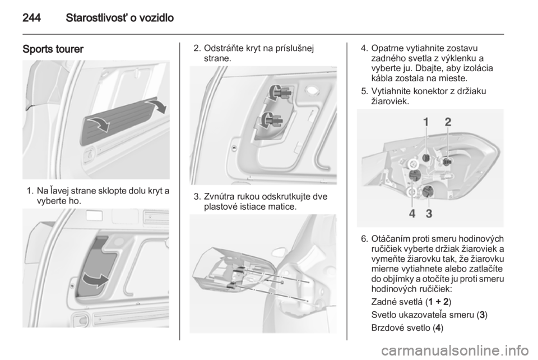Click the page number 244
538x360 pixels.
31,18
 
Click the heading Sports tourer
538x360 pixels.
53,49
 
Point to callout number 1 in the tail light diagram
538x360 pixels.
426,122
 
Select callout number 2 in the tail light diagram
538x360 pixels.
448,122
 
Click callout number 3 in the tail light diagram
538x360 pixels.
429,214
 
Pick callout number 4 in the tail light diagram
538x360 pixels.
412,214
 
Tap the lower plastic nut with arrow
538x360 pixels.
271,120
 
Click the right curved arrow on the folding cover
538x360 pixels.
157,105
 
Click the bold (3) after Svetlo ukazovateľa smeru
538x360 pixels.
482,315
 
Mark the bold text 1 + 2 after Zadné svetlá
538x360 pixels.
438,302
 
